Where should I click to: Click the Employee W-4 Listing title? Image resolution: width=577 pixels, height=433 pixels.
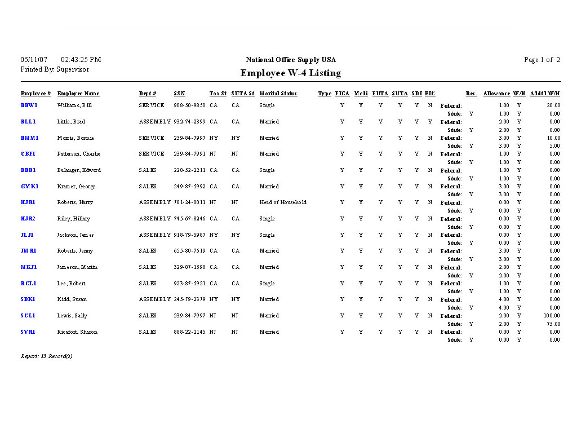[x=290, y=73]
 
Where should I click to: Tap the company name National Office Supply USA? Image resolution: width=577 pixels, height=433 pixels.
[x=291, y=60]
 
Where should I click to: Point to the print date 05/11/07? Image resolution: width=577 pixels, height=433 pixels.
[x=34, y=60]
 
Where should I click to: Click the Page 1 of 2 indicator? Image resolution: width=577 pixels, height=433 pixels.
[x=542, y=60]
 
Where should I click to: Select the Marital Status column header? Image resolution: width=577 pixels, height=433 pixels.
[x=278, y=94]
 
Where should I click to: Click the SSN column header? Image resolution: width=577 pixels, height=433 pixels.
[x=179, y=94]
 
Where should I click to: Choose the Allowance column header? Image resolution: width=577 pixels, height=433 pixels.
[x=496, y=94]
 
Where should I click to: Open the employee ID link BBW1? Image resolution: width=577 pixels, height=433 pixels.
[x=29, y=105]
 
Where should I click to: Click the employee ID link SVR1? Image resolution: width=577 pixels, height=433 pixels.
[x=28, y=332]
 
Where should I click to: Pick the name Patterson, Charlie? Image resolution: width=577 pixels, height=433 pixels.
[x=79, y=154]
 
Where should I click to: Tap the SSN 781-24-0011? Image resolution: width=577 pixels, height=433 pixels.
[x=189, y=202]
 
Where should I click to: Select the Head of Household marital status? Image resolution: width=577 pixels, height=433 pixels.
[x=283, y=202]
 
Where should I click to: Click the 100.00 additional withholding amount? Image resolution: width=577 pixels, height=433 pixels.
[x=552, y=316]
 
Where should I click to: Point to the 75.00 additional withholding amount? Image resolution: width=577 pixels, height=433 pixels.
[x=553, y=324]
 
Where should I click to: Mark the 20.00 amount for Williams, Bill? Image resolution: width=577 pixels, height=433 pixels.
[x=553, y=105]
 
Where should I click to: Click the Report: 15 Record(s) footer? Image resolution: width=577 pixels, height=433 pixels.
[x=47, y=356]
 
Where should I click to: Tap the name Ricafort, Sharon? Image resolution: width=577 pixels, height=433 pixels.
[x=77, y=332]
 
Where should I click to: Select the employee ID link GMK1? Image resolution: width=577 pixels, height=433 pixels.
[x=30, y=187]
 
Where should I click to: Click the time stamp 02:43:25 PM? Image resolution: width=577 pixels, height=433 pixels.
[x=81, y=60]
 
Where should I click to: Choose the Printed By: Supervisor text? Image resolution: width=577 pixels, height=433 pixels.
[x=55, y=70]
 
